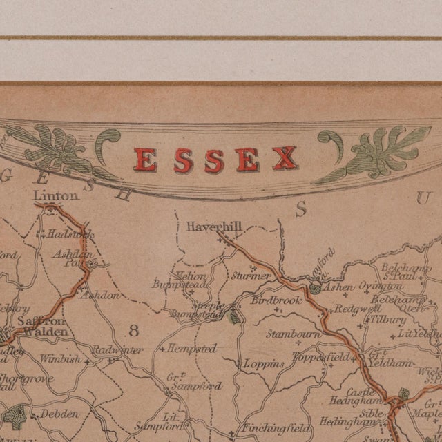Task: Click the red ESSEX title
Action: (x=215, y=160)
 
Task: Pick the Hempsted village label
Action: (x=191, y=349)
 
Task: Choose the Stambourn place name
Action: (x=294, y=334)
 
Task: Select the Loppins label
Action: (x=263, y=363)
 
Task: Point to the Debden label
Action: (x=59, y=414)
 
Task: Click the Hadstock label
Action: (x=70, y=235)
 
